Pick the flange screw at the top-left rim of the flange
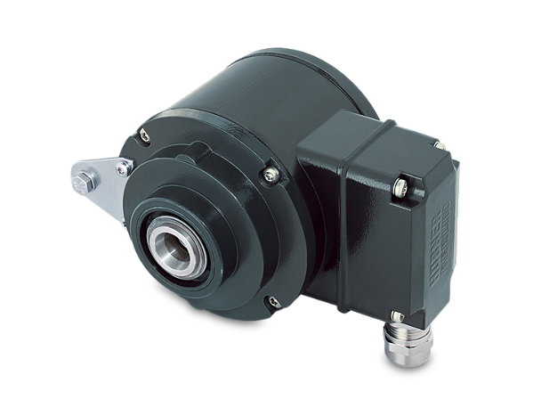point(143,136)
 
